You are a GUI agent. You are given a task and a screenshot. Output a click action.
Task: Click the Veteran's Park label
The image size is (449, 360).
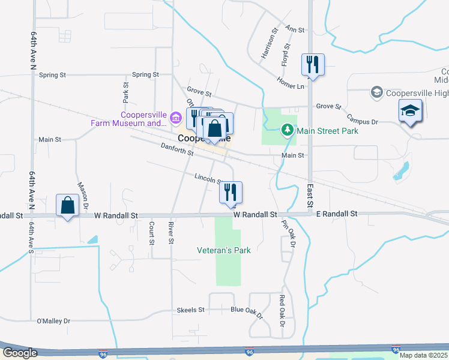(x=224, y=250)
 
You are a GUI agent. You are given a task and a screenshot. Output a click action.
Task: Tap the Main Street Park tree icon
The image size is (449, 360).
(x=288, y=130)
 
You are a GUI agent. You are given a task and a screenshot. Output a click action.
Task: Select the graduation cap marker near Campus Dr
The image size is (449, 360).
(x=411, y=112)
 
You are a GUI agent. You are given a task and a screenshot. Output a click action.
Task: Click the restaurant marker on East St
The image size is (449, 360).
(x=313, y=64)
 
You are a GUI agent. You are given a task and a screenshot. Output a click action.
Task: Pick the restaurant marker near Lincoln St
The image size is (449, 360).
(x=230, y=193)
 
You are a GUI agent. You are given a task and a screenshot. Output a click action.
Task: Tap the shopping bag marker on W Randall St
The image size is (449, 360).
(x=68, y=205)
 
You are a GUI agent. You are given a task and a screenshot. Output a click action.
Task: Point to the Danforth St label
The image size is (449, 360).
(x=177, y=149)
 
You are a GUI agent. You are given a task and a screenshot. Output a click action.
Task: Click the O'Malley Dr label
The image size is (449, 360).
(x=54, y=321)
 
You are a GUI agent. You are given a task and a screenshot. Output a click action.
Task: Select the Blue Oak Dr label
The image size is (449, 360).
(x=247, y=311)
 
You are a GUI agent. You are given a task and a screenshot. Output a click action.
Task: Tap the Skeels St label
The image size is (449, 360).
(x=191, y=310)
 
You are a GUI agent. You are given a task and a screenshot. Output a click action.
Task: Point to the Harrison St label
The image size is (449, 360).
(x=270, y=43)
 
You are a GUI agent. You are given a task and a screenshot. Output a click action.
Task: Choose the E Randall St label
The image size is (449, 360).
(x=337, y=214)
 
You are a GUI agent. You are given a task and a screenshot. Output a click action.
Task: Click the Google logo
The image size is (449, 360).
(x=20, y=353)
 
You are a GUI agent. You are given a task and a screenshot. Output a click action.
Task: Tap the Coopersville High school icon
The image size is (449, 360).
(x=376, y=92)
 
